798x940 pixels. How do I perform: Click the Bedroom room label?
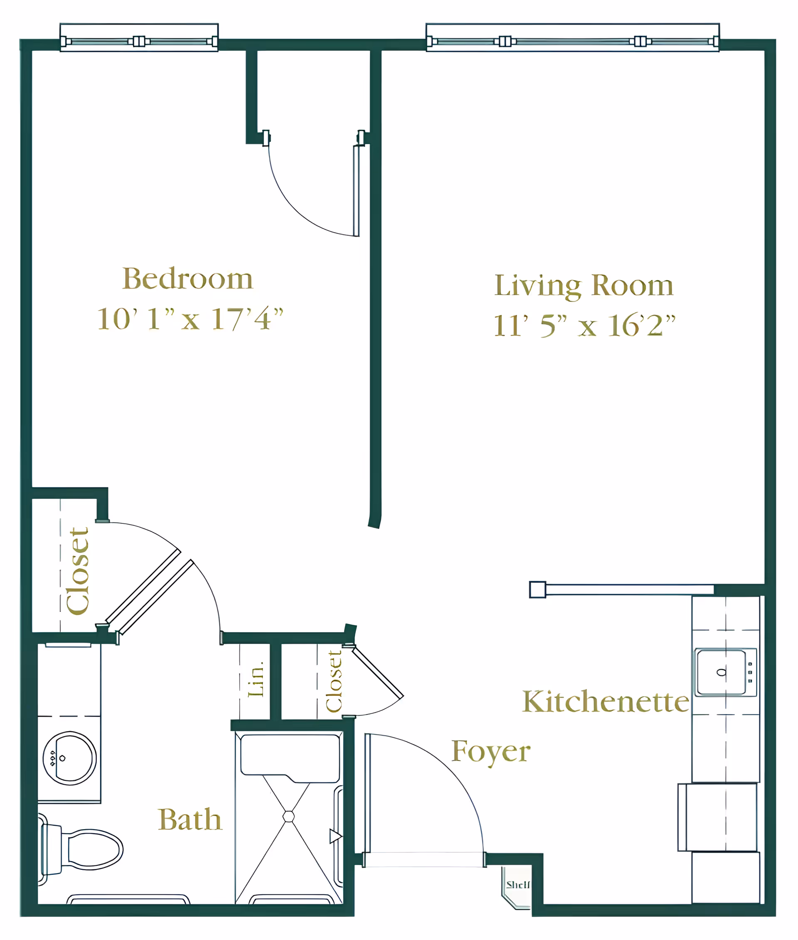click(x=187, y=279)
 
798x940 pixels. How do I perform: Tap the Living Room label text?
click(x=584, y=286)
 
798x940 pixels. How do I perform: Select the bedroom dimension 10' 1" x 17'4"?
click(x=190, y=318)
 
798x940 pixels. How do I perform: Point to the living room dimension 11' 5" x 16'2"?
click(x=584, y=325)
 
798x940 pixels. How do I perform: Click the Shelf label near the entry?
click(x=517, y=884)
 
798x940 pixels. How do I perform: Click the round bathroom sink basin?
click(x=70, y=758)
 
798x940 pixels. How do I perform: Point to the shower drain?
click(x=288, y=816)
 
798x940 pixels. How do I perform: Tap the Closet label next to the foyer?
click(x=334, y=681)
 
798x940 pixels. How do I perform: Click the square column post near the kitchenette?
click(x=537, y=589)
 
